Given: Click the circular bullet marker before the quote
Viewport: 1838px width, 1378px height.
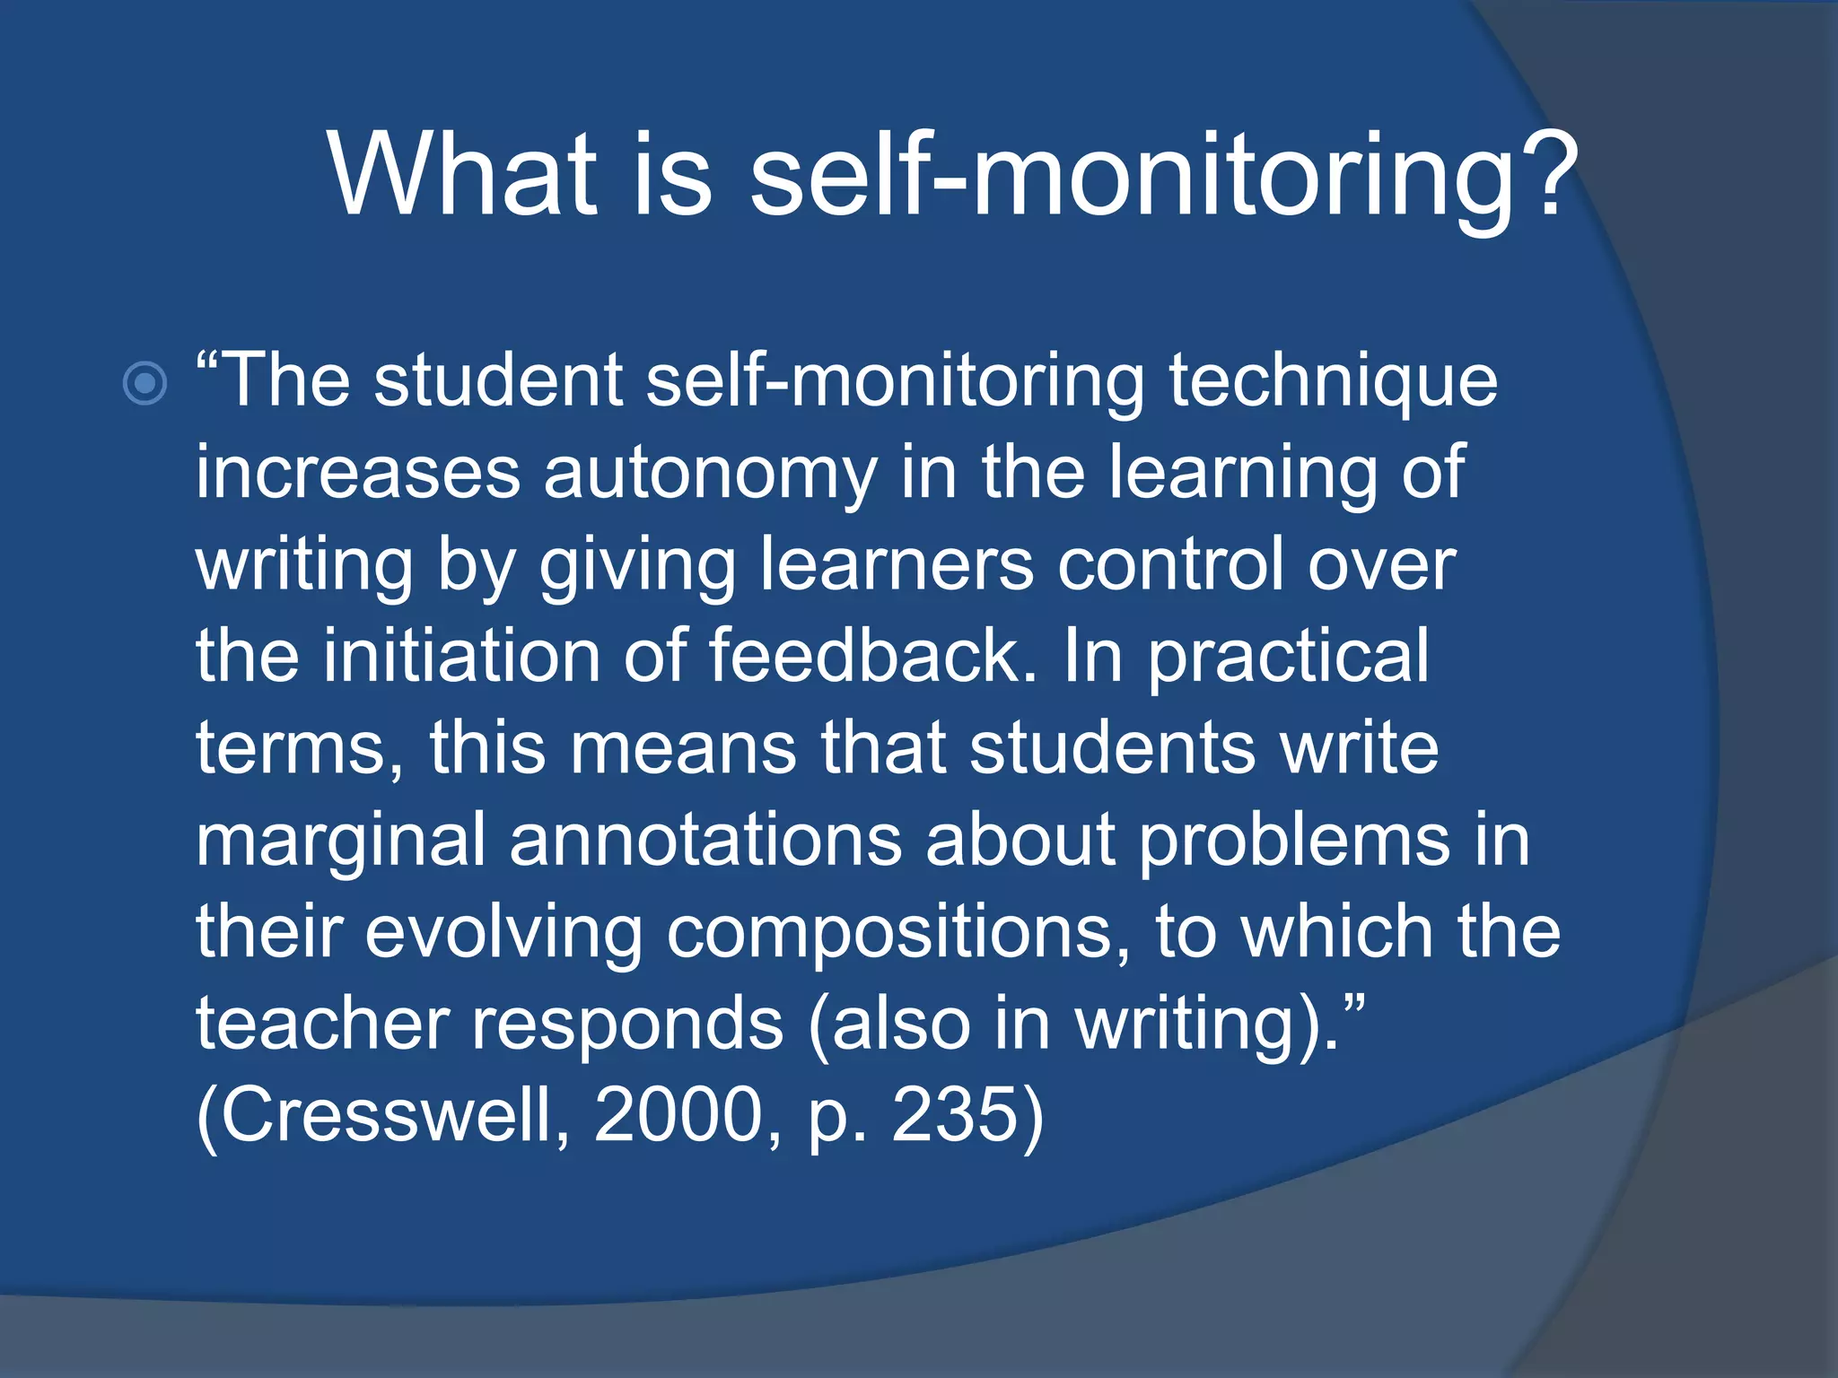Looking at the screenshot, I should click(144, 384).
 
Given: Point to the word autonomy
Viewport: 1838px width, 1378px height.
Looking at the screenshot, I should click(710, 473).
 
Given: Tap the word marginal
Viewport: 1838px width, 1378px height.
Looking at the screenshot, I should click(341, 842).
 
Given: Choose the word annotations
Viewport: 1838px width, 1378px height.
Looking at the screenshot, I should click(705, 840).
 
